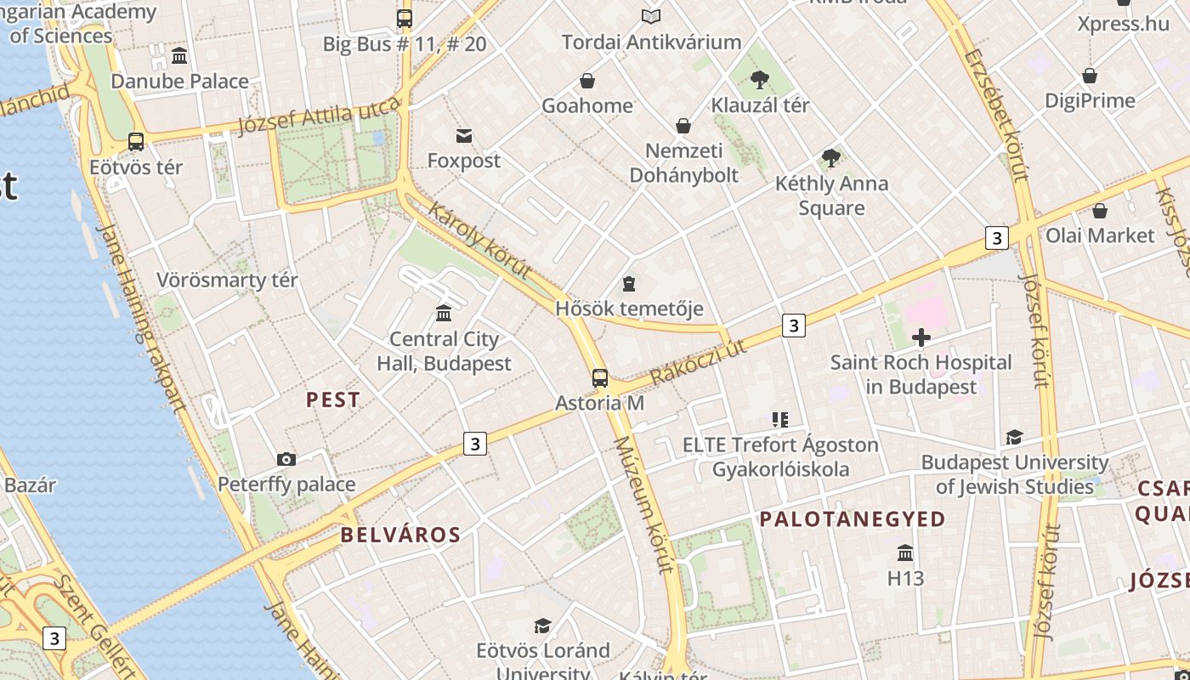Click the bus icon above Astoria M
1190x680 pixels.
pyautogui.click(x=600, y=378)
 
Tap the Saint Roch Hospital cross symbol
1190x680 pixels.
pyautogui.click(x=921, y=338)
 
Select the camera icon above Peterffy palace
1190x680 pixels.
pyautogui.click(x=286, y=460)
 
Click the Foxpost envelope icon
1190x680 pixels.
pyautogui.click(x=464, y=136)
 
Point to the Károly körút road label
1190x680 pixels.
pyautogui.click(x=481, y=241)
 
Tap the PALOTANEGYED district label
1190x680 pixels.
pyautogui.click(x=852, y=519)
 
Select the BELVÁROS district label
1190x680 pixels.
pyautogui.click(x=400, y=535)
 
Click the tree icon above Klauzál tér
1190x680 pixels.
pyautogui.click(x=760, y=81)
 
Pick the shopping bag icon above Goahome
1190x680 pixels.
pyautogui.click(x=586, y=81)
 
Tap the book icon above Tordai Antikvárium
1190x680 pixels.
pyautogui.click(x=651, y=17)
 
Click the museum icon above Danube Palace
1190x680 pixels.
pyautogui.click(x=179, y=56)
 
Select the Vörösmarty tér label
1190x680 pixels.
pyautogui.click(x=227, y=280)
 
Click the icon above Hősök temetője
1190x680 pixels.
pyautogui.click(x=629, y=284)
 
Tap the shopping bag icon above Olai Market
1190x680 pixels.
pyautogui.click(x=1100, y=211)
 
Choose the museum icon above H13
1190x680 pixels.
pyautogui.click(x=905, y=553)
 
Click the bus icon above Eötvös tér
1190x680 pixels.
pyautogui.click(x=136, y=142)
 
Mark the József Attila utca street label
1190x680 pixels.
pyautogui.click(x=319, y=116)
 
